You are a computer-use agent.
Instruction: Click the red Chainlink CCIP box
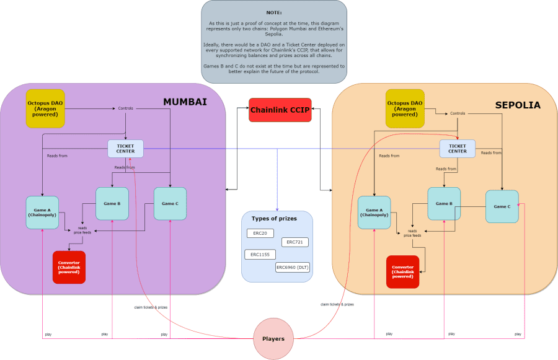[280, 110]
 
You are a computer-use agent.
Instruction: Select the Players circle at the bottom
[273, 339]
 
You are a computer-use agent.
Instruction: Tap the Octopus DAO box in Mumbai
[45, 108]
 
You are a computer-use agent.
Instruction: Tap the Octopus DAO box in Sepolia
[405, 108]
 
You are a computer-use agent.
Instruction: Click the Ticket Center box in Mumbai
[125, 149]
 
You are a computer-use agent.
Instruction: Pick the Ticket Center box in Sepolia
[458, 149]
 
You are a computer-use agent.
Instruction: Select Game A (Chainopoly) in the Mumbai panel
[42, 213]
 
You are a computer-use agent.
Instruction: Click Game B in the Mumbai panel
[112, 204]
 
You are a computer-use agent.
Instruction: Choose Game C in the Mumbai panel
[170, 204]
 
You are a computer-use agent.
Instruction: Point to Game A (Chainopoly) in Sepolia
[374, 213]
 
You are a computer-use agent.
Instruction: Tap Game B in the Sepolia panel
[444, 204]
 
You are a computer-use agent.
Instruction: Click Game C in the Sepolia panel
[502, 206]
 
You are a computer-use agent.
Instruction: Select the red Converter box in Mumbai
[69, 267]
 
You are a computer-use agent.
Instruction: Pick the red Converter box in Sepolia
[402, 271]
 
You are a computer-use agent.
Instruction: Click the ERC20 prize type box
[260, 234]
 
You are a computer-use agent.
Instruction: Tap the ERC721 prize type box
[294, 242]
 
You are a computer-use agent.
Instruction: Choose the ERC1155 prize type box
[260, 255]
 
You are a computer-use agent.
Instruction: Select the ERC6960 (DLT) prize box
[293, 268]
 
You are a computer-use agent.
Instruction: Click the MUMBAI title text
[185, 102]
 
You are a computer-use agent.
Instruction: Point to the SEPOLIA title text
[518, 105]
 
